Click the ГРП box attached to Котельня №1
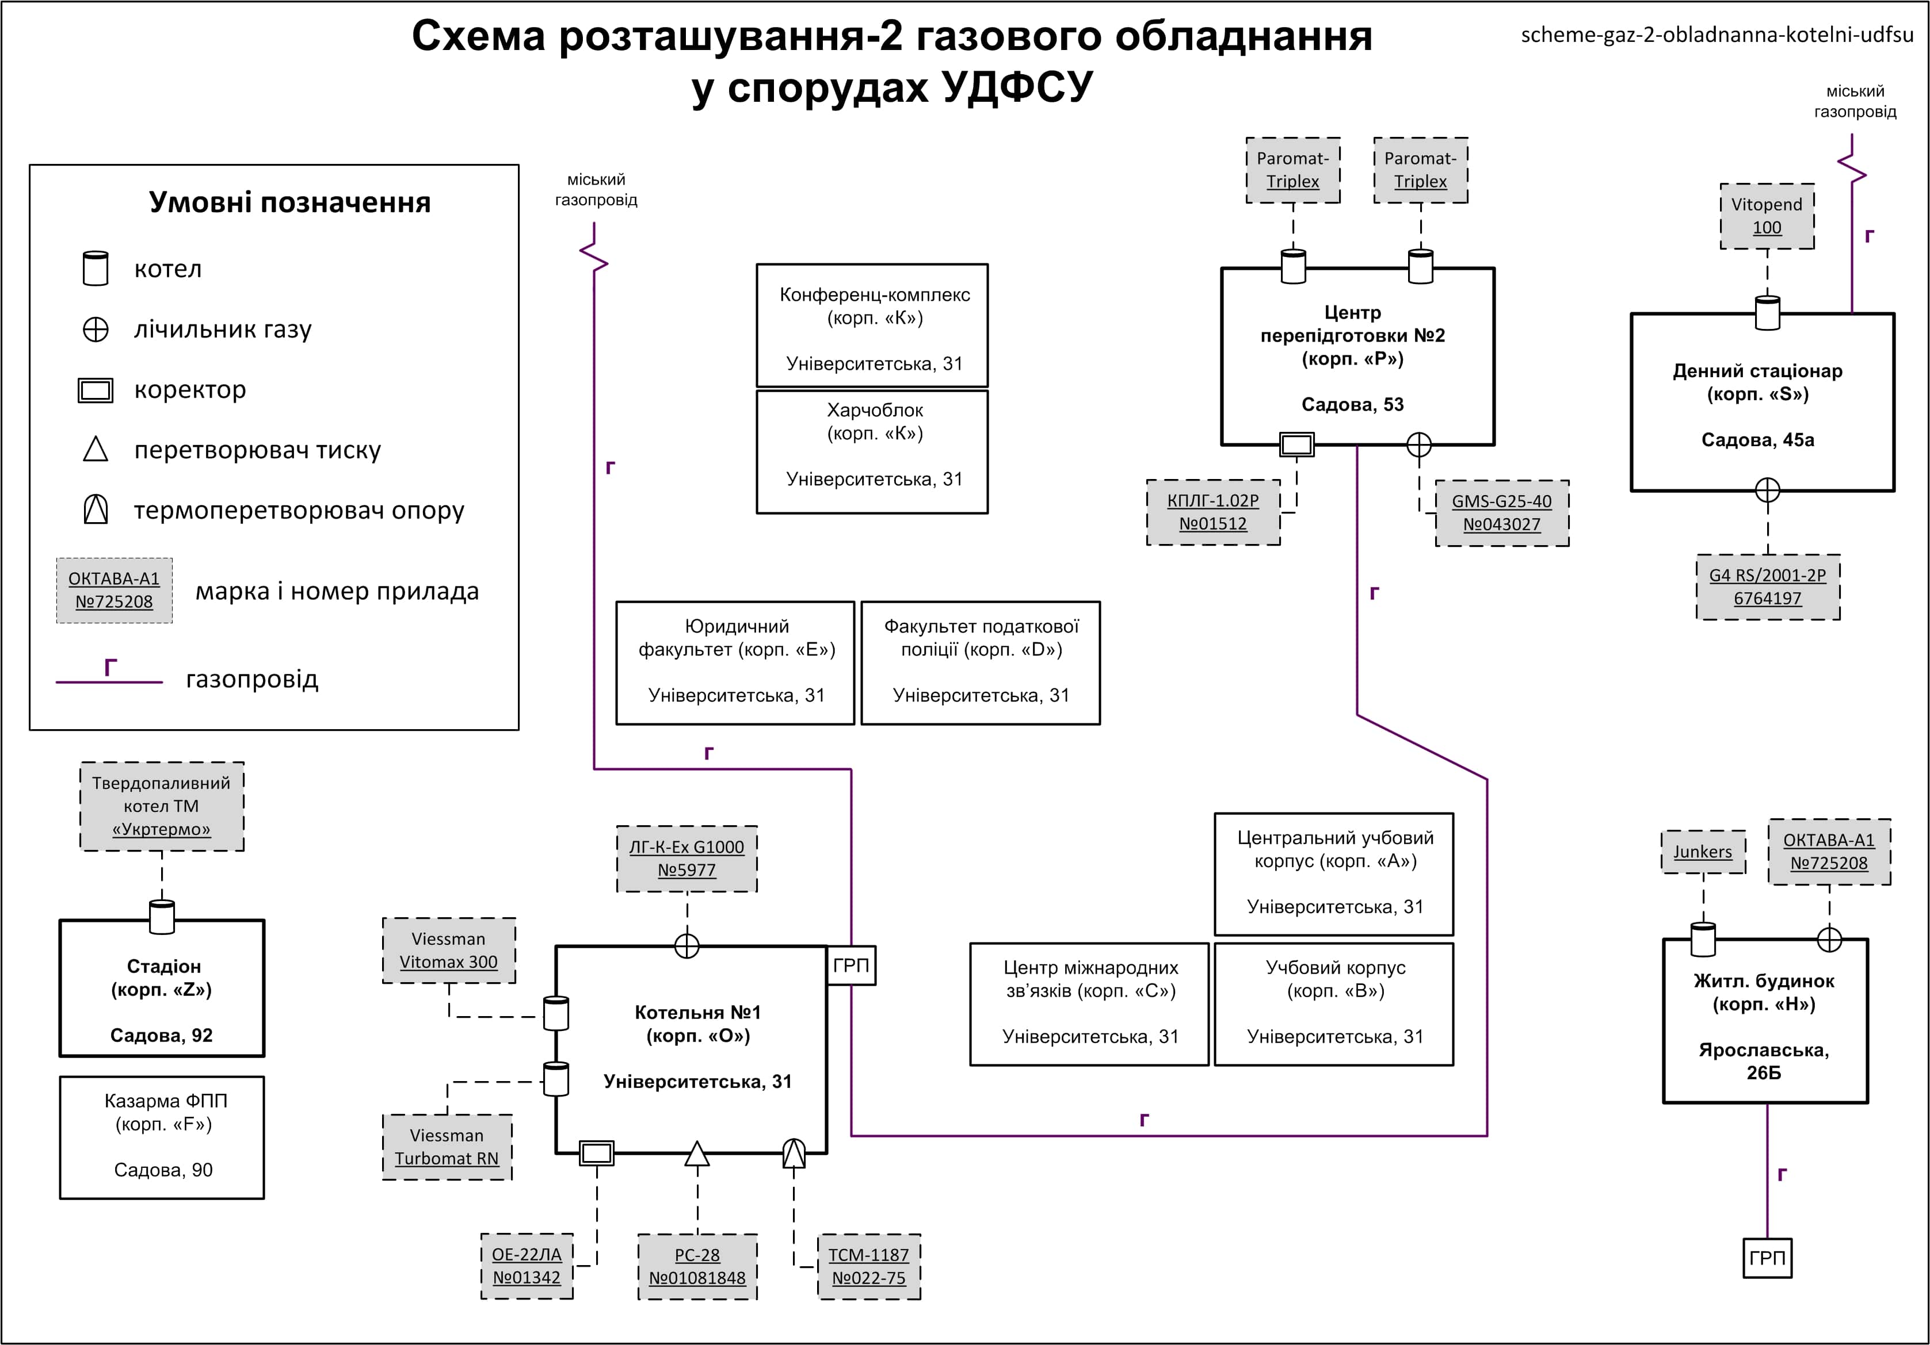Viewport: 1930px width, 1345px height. point(850,965)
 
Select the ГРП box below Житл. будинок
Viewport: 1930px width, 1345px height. point(1767,1258)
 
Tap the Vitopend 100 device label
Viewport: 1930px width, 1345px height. point(1767,216)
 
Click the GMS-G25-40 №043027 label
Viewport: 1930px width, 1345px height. point(1501,512)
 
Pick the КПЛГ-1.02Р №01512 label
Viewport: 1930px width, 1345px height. point(1213,512)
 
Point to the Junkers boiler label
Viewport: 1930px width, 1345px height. point(1702,852)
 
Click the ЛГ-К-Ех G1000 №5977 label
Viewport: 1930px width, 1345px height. point(686,859)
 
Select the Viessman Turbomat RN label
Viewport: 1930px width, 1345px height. point(447,1147)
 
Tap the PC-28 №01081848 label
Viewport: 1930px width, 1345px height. point(697,1266)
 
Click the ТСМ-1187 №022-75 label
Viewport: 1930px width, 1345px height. point(868,1266)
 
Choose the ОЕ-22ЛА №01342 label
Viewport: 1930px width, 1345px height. point(526,1266)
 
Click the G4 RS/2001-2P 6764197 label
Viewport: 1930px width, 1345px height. point(1767,587)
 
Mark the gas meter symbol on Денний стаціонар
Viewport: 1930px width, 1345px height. point(1767,490)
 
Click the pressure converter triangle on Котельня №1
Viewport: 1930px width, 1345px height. point(697,1154)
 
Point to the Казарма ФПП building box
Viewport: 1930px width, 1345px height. point(161,1137)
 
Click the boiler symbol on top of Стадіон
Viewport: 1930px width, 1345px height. point(161,917)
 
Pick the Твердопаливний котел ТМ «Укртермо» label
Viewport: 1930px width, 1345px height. point(161,806)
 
